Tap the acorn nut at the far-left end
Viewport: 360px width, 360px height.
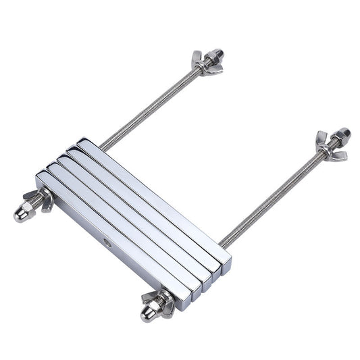pyautogui.click(x=22, y=214)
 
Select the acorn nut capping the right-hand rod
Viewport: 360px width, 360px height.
pyautogui.click(x=342, y=134)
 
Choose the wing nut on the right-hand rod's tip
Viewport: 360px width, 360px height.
pyautogui.click(x=329, y=147)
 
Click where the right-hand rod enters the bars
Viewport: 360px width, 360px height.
pyautogui.click(x=223, y=243)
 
